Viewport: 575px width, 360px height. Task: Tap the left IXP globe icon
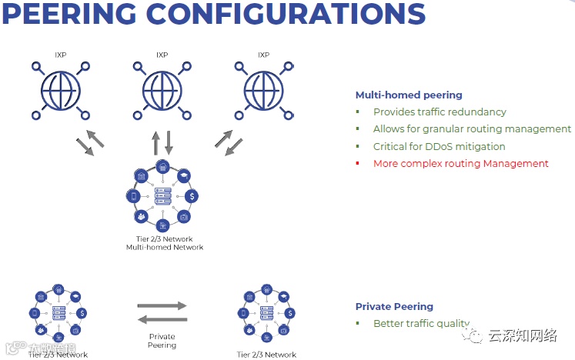click(x=60, y=91)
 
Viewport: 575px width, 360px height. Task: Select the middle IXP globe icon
click(x=162, y=91)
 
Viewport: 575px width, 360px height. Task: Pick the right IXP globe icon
click(x=263, y=91)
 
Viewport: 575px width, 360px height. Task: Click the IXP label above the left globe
click(x=60, y=55)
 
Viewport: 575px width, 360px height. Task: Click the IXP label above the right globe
click(x=263, y=55)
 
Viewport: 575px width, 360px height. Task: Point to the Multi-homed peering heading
click(x=408, y=95)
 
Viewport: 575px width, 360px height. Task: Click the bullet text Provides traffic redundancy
click(x=440, y=112)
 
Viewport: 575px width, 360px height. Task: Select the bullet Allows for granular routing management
click(x=472, y=129)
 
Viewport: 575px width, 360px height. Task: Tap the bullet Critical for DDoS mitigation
click(x=439, y=146)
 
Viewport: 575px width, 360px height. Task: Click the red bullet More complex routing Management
click(x=460, y=163)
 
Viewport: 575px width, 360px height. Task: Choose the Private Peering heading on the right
click(x=394, y=306)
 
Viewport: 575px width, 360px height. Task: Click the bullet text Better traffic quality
click(x=420, y=324)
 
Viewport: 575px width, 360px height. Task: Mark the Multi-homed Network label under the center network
click(x=164, y=247)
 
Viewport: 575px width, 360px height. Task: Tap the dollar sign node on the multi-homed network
click(x=190, y=196)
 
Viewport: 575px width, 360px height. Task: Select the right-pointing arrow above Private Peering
click(x=162, y=305)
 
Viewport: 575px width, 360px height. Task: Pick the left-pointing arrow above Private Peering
click(x=162, y=319)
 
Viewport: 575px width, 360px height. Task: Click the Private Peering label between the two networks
click(x=162, y=341)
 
